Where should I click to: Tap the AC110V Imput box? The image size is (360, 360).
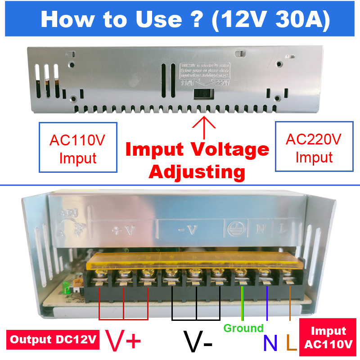(78, 147)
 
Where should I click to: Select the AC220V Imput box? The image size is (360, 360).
(314, 146)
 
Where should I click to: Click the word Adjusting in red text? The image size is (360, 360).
(197, 171)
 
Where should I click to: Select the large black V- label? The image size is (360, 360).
(198, 342)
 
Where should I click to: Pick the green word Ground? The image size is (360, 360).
(243, 328)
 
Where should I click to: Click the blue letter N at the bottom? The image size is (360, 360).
(270, 343)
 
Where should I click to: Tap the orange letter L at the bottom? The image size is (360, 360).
(291, 343)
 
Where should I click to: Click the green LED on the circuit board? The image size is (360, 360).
(65, 287)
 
